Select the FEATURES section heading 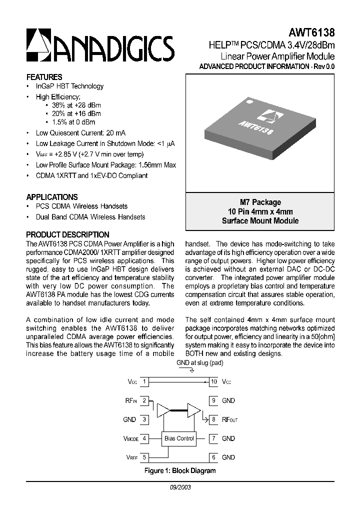tap(44, 77)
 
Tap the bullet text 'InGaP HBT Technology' tap(69, 86)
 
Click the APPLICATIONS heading tap(51, 197)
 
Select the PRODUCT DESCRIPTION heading tap(67, 234)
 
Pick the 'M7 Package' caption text tap(260, 202)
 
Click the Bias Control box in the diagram tap(178, 438)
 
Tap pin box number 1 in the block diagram tap(144, 382)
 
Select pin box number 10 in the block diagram tap(213, 382)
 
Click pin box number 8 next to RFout tap(213, 419)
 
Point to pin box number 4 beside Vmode tap(144, 438)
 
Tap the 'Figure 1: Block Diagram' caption tap(180, 470)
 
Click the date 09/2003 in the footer tap(180, 486)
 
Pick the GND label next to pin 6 tap(228, 457)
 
